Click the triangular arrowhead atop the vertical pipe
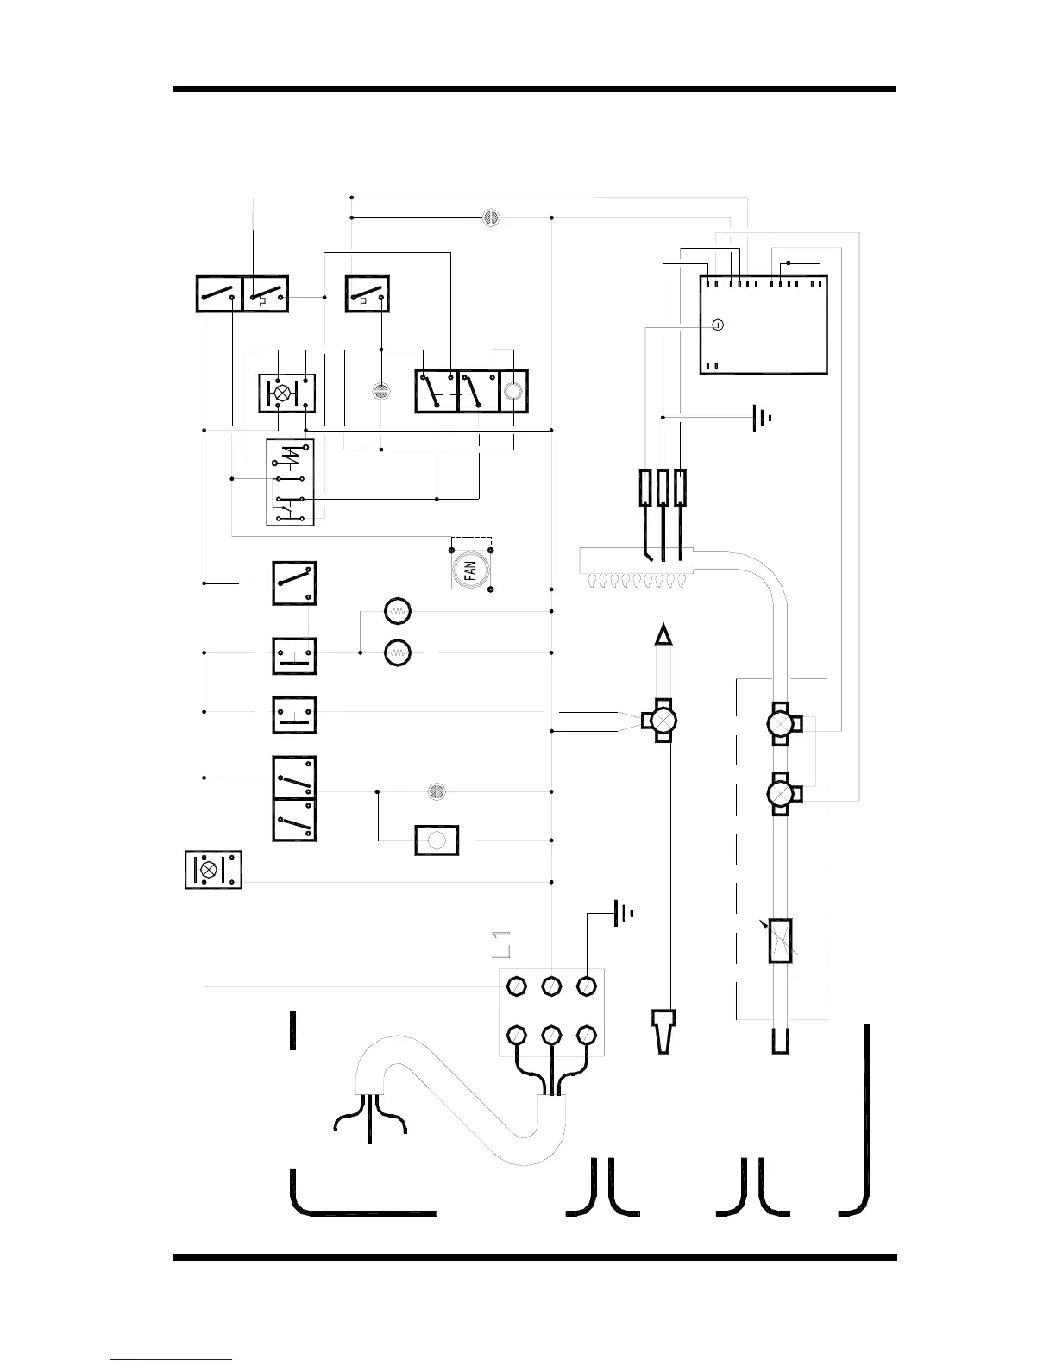coord(663,635)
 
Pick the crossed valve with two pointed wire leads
coord(662,720)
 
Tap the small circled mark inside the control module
coord(718,325)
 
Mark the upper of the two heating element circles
coord(398,611)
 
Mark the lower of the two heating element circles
coord(398,652)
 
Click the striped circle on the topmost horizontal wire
coord(490,217)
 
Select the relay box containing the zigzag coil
coord(290,482)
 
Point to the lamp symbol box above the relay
coord(286,393)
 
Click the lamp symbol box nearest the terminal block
coord(213,869)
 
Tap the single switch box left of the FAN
coord(294,583)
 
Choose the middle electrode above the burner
coord(663,488)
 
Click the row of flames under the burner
coord(638,581)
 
